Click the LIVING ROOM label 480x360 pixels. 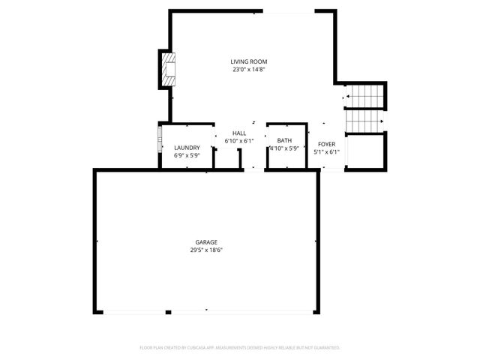tap(249, 61)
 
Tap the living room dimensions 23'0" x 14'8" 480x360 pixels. tap(249, 70)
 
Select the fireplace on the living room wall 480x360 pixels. tap(168, 69)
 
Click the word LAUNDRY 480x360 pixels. tap(186, 148)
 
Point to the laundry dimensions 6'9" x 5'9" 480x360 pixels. tap(186, 156)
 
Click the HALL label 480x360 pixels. tap(239, 133)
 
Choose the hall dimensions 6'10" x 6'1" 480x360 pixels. tap(239, 141)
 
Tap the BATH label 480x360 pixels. tap(284, 140)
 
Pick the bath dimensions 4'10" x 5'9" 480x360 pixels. tap(284, 148)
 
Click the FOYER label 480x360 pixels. tap(326, 144)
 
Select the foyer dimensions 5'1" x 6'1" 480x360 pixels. tap(326, 152)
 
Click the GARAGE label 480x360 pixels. tap(206, 242)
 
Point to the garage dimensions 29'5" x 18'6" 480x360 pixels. tap(206, 250)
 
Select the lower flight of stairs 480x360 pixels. tap(363, 121)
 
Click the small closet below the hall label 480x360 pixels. tap(227, 159)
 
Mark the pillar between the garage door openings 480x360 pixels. tap(169, 312)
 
